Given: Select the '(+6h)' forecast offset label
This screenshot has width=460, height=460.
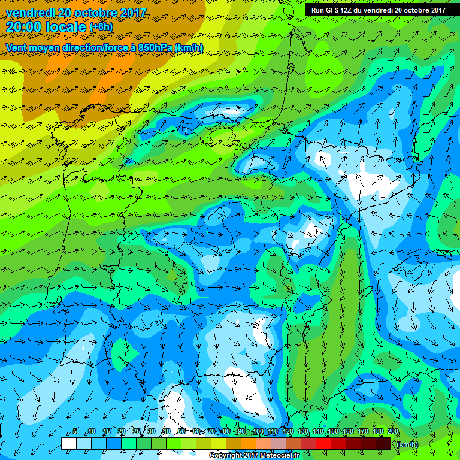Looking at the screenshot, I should [x=101, y=27].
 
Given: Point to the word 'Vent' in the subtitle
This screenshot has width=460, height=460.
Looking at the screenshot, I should [x=16, y=47].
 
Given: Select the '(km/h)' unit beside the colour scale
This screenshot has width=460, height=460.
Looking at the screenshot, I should [x=407, y=444].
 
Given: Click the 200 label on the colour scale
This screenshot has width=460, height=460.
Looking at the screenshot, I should [x=393, y=431].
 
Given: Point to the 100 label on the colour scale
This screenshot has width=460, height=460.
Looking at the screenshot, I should [x=258, y=431].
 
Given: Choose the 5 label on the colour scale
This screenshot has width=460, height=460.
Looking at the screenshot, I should [x=75, y=431].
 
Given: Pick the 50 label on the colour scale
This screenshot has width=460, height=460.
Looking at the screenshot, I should [x=181, y=431].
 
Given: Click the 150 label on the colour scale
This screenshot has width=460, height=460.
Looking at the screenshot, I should [x=333, y=431].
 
